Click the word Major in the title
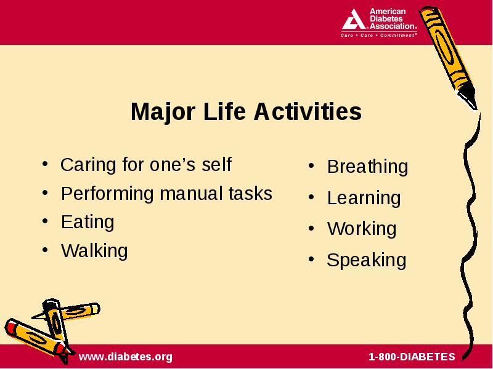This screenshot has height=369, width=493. click(x=163, y=112)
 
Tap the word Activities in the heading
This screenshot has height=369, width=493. click(x=308, y=111)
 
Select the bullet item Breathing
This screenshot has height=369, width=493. click(x=367, y=167)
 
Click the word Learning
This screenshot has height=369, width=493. click(x=364, y=199)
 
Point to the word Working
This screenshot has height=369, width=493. click(x=362, y=228)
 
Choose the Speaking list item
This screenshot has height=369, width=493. click(x=366, y=260)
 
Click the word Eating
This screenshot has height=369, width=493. click(x=88, y=223)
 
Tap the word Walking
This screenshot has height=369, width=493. click(x=94, y=251)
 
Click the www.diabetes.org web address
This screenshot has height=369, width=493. click(x=126, y=357)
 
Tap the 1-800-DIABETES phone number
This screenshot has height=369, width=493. click(x=412, y=357)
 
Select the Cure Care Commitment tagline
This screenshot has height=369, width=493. click(x=379, y=35)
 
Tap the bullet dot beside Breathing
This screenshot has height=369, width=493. click(x=311, y=165)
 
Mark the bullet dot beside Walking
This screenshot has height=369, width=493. click(x=45, y=250)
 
